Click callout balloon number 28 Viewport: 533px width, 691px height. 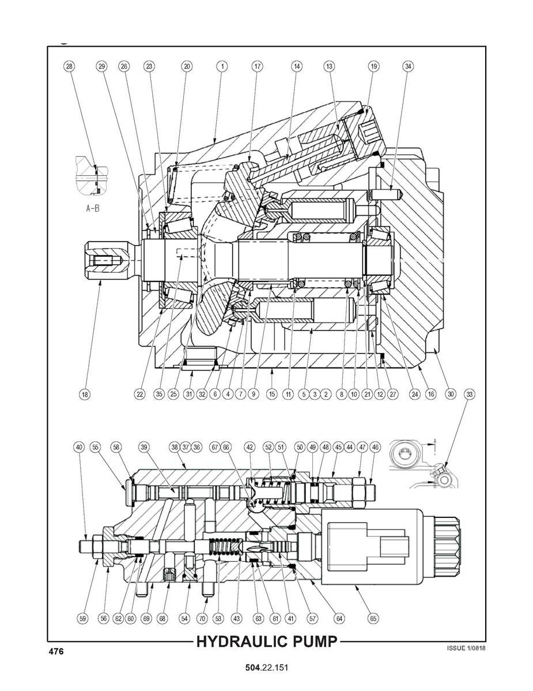click(x=69, y=66)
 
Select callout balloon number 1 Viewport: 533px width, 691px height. click(x=221, y=66)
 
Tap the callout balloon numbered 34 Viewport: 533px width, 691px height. click(x=408, y=66)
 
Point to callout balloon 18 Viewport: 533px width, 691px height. click(x=85, y=395)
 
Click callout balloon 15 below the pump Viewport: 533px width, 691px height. click(x=272, y=395)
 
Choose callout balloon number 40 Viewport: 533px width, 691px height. click(x=79, y=446)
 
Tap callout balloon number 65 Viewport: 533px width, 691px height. click(x=373, y=618)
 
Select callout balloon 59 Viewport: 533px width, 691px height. click(x=82, y=618)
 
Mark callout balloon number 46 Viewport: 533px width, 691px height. click(x=376, y=446)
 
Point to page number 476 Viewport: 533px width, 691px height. click(x=56, y=652)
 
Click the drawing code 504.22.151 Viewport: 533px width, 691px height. click(x=266, y=668)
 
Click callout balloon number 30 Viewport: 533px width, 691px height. click(x=451, y=395)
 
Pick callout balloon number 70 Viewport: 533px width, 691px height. click(x=202, y=618)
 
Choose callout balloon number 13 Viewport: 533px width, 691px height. click(x=329, y=66)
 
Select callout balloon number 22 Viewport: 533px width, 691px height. click(x=139, y=395)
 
